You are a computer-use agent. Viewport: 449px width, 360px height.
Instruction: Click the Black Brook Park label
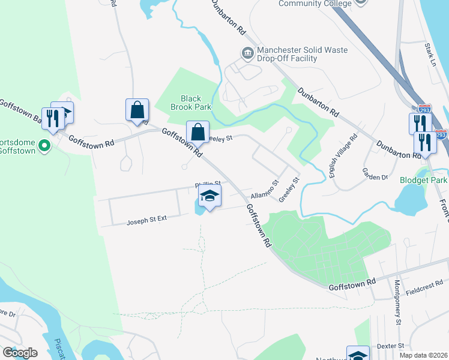[191, 103]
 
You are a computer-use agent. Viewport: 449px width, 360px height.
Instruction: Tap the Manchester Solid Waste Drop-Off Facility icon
[247, 54]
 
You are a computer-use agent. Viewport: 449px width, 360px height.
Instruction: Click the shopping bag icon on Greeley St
[197, 133]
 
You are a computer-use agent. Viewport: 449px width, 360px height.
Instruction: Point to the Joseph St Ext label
[146, 221]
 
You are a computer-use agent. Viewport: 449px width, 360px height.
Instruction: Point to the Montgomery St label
[398, 304]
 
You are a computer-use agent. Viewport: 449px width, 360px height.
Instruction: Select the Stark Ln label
[431, 53]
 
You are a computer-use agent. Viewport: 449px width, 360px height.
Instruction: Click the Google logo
[20, 352]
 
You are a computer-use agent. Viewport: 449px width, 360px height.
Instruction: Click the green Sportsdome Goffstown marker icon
[44, 145]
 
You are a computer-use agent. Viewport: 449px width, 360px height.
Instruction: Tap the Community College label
[315, 4]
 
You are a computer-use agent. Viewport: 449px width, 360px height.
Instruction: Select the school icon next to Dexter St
[358, 354]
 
